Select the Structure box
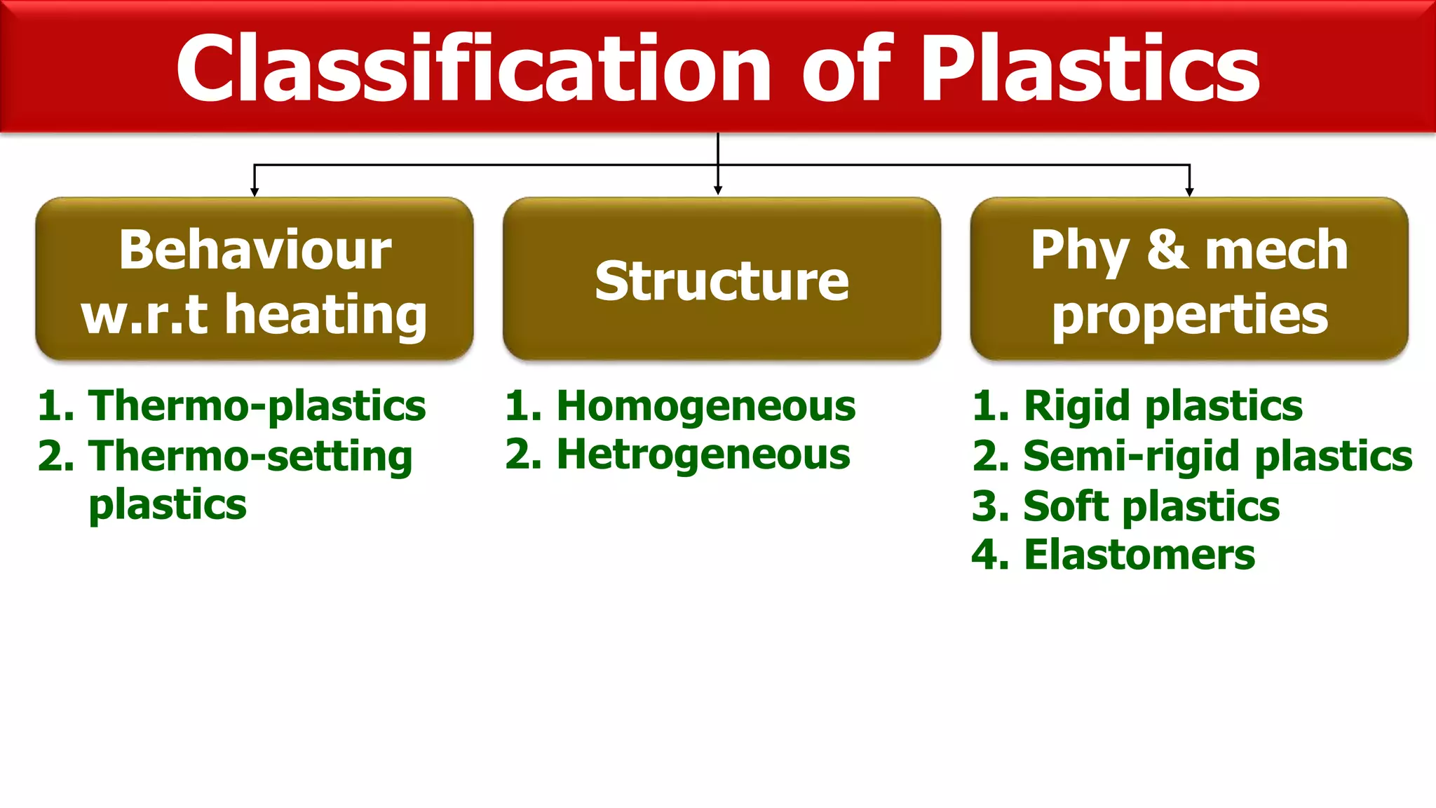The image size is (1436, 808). tap(722, 280)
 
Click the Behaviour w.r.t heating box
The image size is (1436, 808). tap(255, 280)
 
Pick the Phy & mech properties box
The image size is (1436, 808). tap(1189, 280)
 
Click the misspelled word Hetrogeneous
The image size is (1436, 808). tap(703, 454)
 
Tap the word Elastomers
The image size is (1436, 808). tap(1139, 555)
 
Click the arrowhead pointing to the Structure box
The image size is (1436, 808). tap(717, 190)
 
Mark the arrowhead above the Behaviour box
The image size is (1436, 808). tap(255, 191)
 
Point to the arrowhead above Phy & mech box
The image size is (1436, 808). tap(1189, 191)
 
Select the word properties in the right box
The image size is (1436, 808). tap(1189, 315)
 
